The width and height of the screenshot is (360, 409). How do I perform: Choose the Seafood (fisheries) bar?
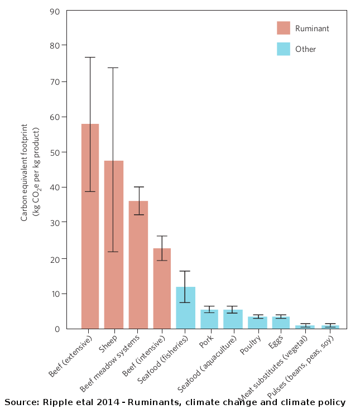coord(185,307)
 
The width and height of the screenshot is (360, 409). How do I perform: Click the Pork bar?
coord(209,319)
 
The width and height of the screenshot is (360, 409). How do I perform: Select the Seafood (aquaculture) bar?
coord(233,319)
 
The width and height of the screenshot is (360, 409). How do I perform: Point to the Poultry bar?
coord(257,323)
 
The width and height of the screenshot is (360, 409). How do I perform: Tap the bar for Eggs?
coord(281,323)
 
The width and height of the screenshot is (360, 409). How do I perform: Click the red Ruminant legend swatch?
coord(284,28)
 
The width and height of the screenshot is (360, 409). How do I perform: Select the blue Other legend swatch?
coord(284,49)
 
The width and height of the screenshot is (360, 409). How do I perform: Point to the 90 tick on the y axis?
coord(55,11)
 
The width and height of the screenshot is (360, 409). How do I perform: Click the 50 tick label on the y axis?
coord(55,152)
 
